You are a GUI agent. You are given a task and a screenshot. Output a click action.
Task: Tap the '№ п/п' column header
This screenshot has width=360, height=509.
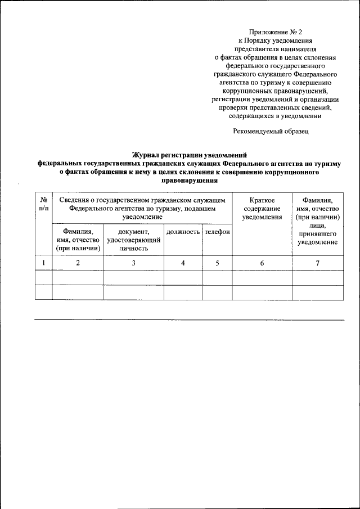[43, 204]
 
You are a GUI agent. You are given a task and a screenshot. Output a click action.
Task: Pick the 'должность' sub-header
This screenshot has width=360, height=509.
[183, 232]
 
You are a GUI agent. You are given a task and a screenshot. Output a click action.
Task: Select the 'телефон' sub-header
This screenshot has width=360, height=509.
[217, 232]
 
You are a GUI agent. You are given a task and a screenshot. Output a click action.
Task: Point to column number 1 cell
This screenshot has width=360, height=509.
[43, 263]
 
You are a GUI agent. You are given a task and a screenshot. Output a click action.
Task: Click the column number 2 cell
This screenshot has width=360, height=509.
[78, 263]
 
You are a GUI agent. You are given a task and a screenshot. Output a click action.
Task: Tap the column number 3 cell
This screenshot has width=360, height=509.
[134, 263]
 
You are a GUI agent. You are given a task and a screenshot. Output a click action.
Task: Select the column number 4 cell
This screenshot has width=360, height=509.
[183, 263]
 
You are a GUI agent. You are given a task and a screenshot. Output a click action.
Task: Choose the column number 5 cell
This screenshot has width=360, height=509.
[217, 263]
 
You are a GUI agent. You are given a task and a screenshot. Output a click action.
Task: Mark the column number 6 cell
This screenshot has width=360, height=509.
[262, 263]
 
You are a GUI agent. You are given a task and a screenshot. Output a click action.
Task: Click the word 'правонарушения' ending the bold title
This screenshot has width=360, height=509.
[190, 182]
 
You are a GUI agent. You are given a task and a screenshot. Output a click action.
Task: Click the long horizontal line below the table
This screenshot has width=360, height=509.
[190, 320]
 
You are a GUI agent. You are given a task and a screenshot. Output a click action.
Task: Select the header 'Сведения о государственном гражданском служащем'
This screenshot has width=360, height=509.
[142, 200]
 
